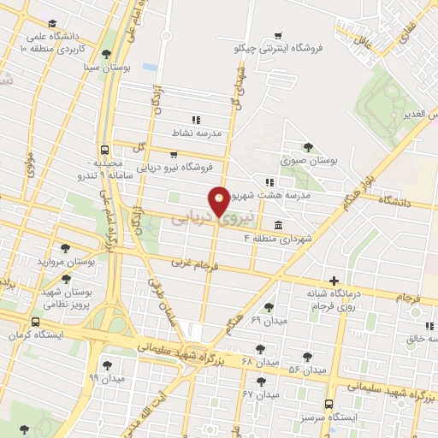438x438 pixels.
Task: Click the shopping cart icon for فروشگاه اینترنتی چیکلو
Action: [x=277, y=36]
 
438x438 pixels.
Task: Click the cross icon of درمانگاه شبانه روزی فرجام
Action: [x=334, y=281]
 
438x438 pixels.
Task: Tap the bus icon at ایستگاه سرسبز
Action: [x=329, y=404]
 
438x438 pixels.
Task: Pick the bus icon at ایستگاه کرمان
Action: [x=35, y=322]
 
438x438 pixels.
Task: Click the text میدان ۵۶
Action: [x=307, y=370]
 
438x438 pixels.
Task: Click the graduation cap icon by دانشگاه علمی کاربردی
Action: [x=53, y=23]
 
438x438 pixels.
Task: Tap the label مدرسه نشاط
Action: [x=198, y=133]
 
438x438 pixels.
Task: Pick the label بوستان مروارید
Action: [x=64, y=260]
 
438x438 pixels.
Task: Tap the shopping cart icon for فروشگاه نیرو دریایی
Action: [x=175, y=155]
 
